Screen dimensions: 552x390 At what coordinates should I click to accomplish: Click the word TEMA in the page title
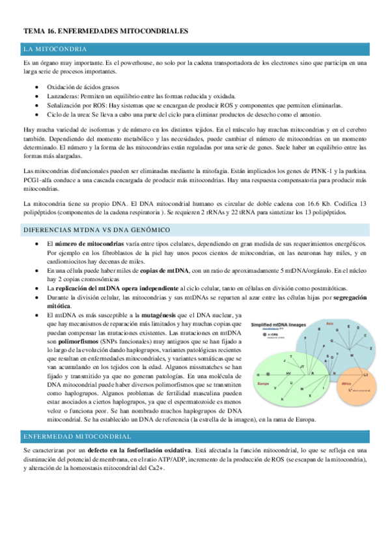click(x=33, y=31)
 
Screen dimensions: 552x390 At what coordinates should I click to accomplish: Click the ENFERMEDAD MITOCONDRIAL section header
click(x=77, y=435)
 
